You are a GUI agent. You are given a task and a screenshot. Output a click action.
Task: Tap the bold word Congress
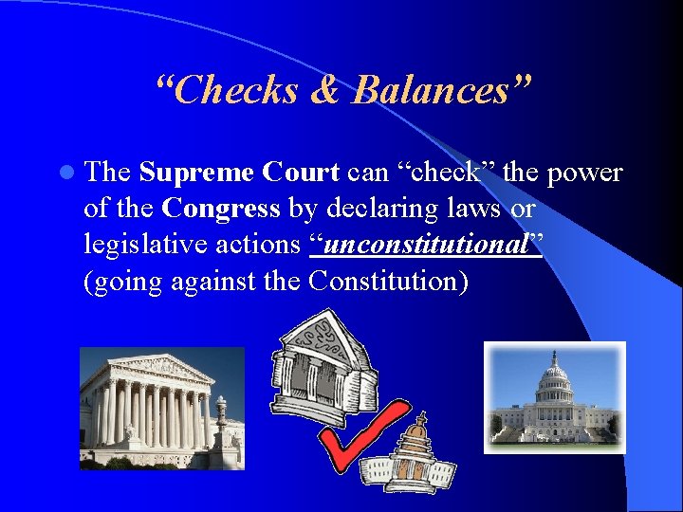coord(221,208)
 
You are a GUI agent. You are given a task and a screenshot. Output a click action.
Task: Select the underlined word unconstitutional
coord(426,244)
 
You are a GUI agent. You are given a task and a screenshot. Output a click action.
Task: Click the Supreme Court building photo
coord(161,408)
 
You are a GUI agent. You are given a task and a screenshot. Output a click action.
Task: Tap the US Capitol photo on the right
coord(555,397)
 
